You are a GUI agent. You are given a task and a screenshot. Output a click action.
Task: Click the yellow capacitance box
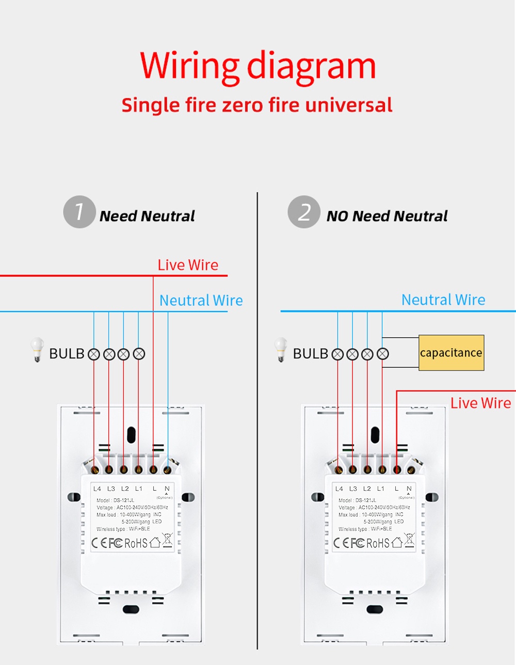pos(451,352)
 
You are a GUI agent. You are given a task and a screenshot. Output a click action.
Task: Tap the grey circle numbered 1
pos(79,212)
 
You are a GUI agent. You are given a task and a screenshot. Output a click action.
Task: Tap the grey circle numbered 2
pos(304,212)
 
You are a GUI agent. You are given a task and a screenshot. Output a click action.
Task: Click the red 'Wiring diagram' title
pos(257,68)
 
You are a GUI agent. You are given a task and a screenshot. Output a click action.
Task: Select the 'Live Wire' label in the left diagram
pos(188,265)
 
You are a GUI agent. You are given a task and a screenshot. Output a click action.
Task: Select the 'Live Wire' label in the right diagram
pos(480,403)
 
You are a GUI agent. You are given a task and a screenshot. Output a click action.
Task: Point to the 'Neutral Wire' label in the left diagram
pos(201,300)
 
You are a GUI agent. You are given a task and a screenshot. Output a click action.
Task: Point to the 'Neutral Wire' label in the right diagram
pos(443,300)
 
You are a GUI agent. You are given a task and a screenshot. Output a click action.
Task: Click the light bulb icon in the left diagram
pos(37,349)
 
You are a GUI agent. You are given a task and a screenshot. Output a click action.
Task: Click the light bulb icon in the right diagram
pos(281,349)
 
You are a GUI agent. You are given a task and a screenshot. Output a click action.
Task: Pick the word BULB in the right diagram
pos(310,353)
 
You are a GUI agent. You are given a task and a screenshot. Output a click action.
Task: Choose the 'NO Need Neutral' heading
pos(387,216)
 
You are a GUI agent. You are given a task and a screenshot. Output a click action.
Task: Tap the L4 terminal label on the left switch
pos(97,489)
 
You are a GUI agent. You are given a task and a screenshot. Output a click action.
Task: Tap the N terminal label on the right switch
pos(409,489)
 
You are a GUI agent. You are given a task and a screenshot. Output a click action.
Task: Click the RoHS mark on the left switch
pos(136,543)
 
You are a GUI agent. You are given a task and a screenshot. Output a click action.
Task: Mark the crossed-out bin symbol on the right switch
pos(409,540)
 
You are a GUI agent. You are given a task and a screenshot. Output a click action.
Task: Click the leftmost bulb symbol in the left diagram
pos(93,354)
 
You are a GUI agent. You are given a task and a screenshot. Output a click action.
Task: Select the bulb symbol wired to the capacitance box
pos(382,354)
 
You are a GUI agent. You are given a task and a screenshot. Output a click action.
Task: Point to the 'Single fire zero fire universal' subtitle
pos(257,105)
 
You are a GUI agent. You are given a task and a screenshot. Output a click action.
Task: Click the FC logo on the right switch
pos(358,543)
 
